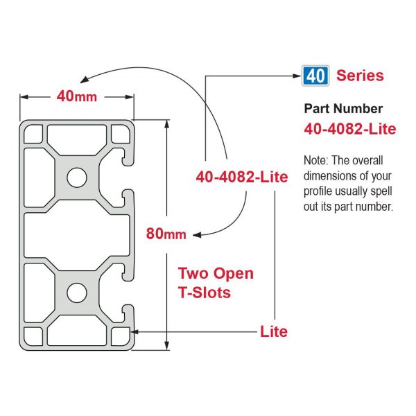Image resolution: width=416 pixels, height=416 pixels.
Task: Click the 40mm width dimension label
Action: pos(77,96)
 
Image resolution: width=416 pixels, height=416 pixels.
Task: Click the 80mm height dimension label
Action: pos(166,234)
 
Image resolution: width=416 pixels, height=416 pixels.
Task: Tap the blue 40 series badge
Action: pos(315,76)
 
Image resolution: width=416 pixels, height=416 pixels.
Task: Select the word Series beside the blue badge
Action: pos(360,76)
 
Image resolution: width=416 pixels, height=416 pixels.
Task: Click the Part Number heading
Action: pos(343,109)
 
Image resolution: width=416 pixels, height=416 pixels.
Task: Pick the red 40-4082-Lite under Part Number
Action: pos(350,129)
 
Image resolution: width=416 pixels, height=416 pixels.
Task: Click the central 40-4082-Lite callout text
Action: pos(242,177)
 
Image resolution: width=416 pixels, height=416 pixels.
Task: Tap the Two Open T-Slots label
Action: pos(216,283)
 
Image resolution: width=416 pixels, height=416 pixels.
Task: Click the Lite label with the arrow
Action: pos(274,331)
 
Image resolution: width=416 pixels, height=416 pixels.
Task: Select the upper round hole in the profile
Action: pos(77,177)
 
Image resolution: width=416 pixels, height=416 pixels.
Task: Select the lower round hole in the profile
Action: pos(77,293)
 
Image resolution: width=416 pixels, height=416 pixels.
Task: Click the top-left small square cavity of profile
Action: pos(33,134)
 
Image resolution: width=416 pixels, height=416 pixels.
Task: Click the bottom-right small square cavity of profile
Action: pos(121,336)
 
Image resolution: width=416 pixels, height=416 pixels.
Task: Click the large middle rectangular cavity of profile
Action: pos(77,235)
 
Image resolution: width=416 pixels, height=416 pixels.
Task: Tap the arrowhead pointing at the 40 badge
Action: pos(297,76)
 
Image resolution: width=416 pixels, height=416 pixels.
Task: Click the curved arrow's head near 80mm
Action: pos(197,235)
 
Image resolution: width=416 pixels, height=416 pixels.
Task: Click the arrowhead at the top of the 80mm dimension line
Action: pos(166,125)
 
